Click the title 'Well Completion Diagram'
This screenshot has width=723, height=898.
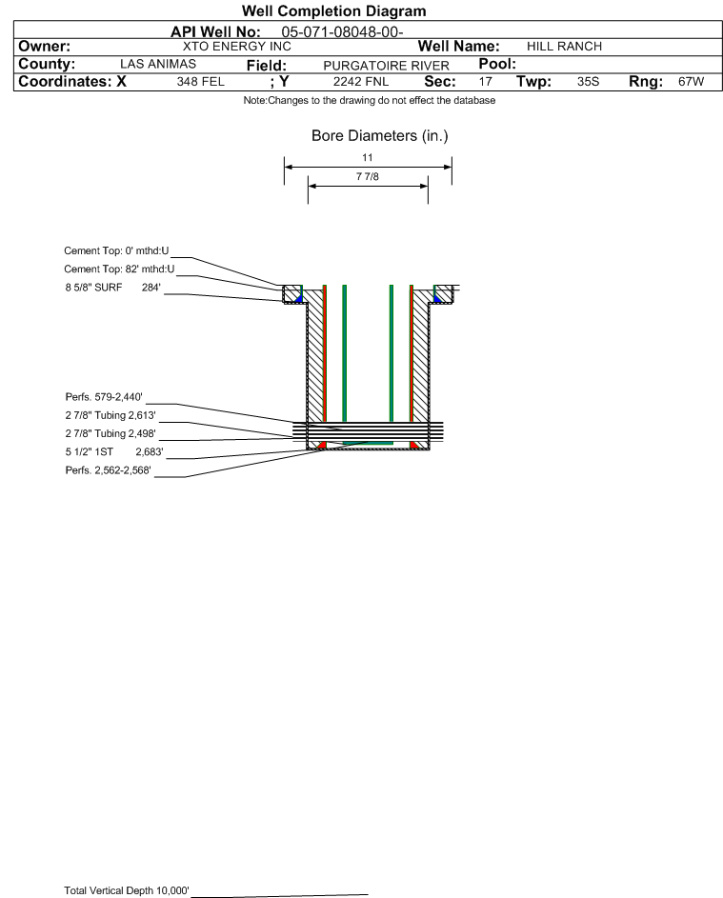(x=334, y=10)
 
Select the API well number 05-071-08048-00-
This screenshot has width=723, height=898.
(x=342, y=32)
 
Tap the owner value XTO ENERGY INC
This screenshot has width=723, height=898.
(x=236, y=47)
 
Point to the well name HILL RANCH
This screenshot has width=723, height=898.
(x=564, y=47)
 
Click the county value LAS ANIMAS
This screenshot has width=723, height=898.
(x=158, y=64)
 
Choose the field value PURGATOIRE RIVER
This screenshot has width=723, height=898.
(x=386, y=66)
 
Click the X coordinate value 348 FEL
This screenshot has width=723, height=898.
(x=200, y=82)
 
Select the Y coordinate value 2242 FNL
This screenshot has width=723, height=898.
(x=361, y=82)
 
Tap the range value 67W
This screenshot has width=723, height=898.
(x=691, y=82)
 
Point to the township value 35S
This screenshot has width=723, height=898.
(x=589, y=82)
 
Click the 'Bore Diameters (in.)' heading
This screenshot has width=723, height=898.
(x=380, y=136)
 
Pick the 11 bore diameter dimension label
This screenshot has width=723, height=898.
(x=368, y=157)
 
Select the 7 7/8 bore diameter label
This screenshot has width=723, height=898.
(x=368, y=176)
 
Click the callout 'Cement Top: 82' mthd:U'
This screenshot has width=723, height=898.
(x=119, y=269)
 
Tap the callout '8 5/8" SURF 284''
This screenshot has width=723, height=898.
(x=112, y=288)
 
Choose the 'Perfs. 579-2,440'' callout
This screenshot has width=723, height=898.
(x=104, y=397)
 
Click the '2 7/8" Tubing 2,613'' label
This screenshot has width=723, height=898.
(x=110, y=415)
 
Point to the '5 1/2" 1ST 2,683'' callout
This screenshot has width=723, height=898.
(x=114, y=452)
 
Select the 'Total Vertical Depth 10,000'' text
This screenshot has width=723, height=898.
(x=127, y=890)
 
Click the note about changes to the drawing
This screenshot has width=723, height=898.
(x=370, y=100)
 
